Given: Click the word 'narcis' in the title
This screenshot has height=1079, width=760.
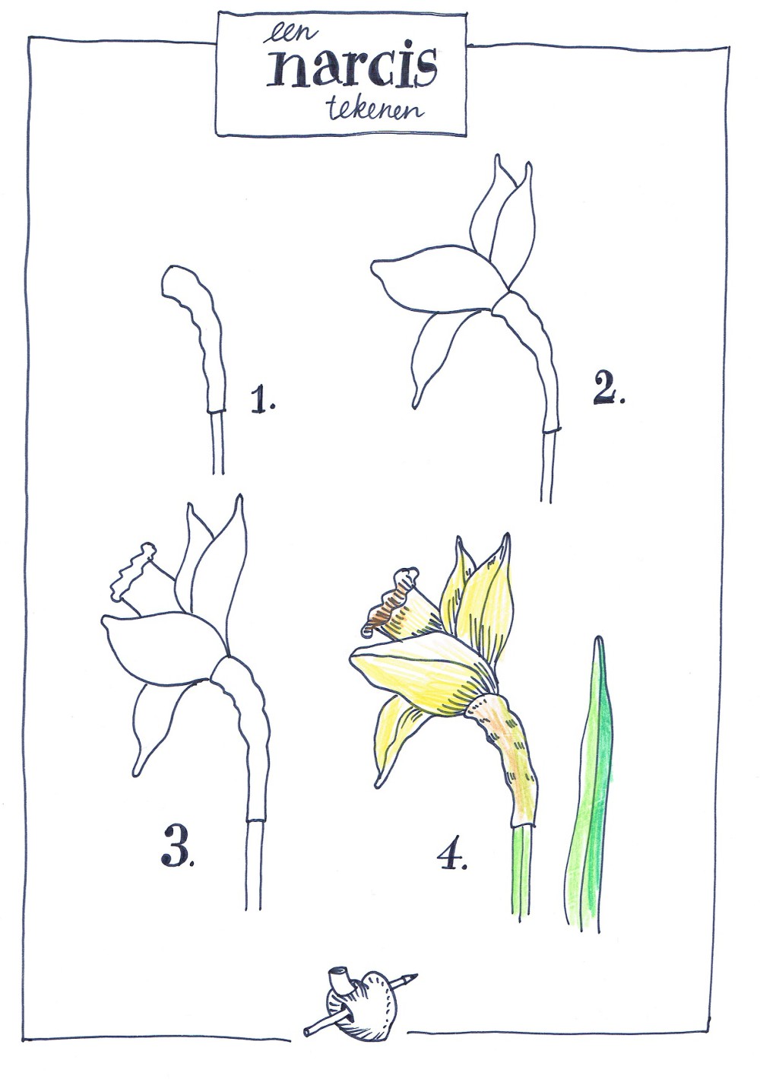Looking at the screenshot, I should pyautogui.click(x=354, y=69).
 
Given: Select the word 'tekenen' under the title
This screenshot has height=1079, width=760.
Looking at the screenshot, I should pyautogui.click(x=375, y=110).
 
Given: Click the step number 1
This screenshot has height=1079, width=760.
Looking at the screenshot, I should pyautogui.click(x=262, y=398).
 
